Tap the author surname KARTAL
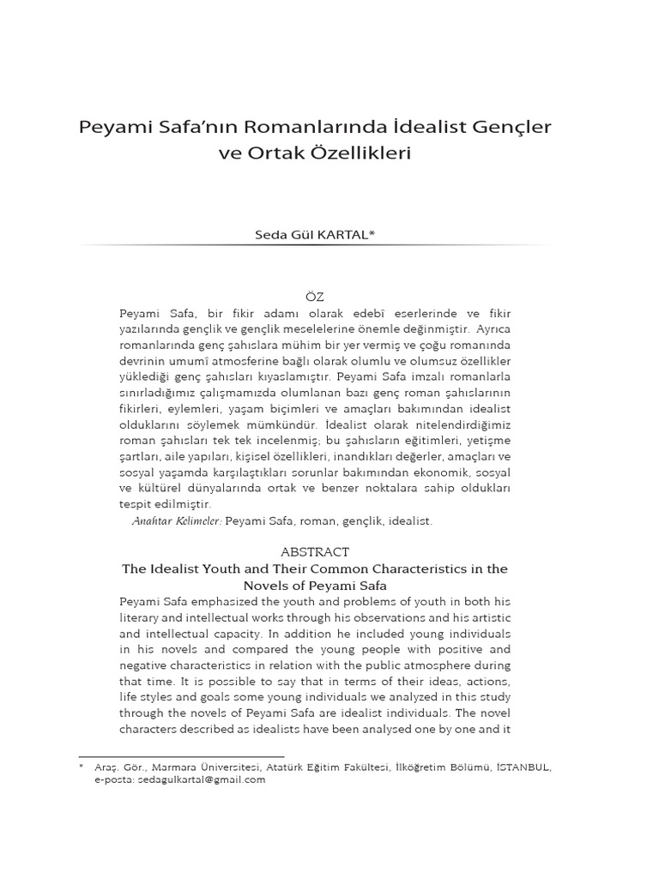tap(341, 234)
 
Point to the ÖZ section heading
tap(315, 297)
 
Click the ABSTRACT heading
tap(315, 552)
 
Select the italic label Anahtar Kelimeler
tap(176, 520)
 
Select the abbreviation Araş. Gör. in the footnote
tap(114, 767)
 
